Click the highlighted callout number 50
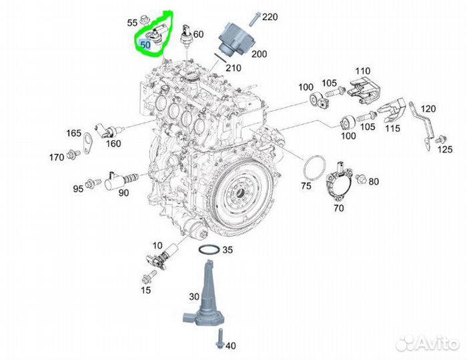pos(144,45)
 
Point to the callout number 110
pos(362,71)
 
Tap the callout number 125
pos(444,150)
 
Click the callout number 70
pos(339,208)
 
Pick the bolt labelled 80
pos(361,179)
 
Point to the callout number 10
pos(157,245)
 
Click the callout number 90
pos(123,193)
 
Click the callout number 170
pos(55,157)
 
